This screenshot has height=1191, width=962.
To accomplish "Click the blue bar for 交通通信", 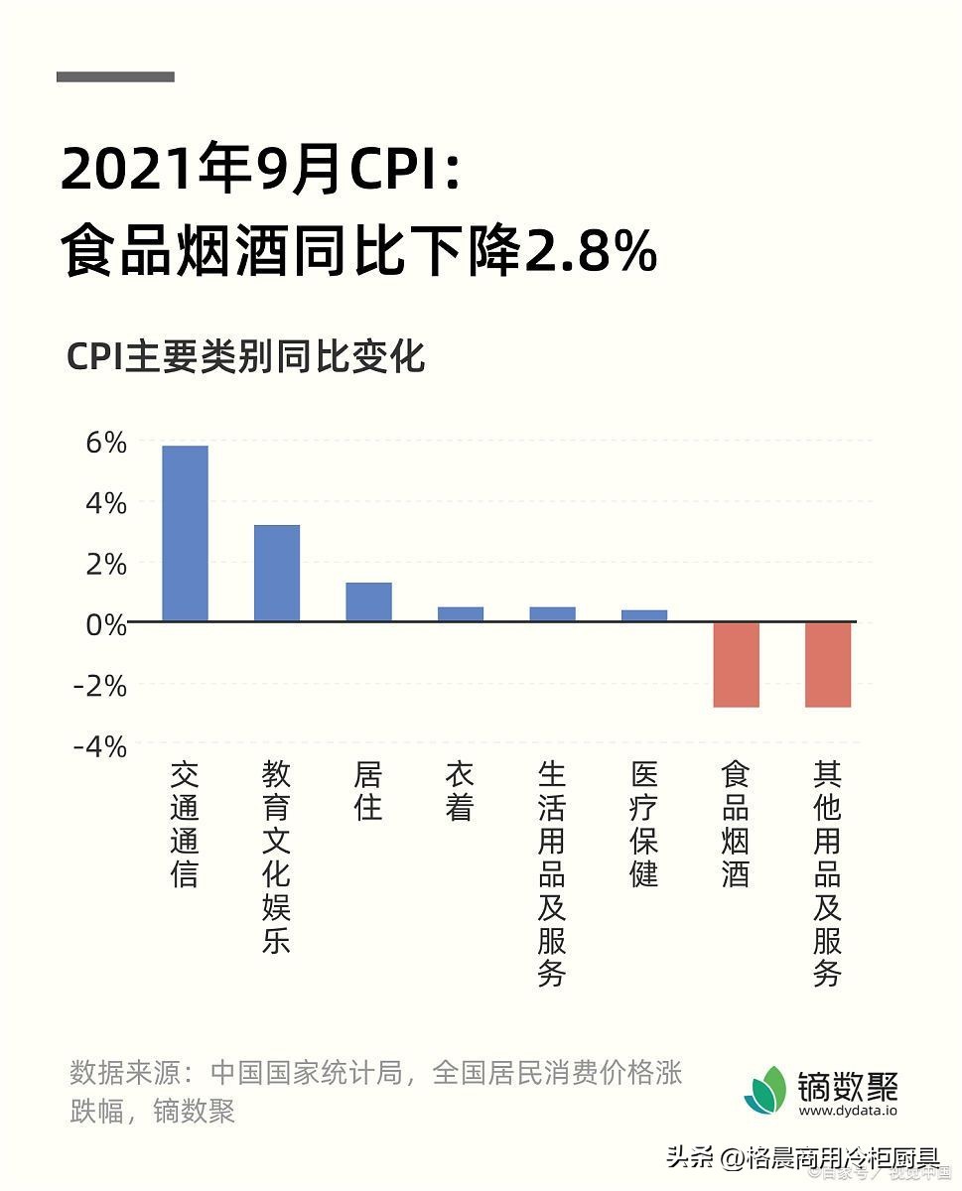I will [185, 534].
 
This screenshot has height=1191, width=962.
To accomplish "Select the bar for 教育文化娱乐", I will [277, 574].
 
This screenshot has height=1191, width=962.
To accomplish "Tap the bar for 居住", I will [368, 602].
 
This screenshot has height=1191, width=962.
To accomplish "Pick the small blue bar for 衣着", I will [461, 614].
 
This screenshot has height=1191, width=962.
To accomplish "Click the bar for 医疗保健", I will [644, 615].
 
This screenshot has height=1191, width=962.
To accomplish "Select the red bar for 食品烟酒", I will [736, 665].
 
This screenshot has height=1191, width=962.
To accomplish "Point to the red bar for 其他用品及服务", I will [828, 665].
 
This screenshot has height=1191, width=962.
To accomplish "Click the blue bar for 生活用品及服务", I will [552, 614].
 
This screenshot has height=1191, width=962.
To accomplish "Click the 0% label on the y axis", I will [105, 625].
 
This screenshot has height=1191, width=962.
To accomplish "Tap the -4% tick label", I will [99, 746].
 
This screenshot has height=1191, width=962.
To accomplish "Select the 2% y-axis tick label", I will [105, 565].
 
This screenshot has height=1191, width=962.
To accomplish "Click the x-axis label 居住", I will [368, 791].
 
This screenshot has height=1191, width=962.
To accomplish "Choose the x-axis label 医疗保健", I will [644, 824].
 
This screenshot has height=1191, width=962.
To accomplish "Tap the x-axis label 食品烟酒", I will [736, 824].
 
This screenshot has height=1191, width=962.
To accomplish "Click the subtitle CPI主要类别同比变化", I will [246, 356].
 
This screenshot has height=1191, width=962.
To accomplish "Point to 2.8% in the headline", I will [591, 253].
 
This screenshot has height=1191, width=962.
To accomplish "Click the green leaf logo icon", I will [766, 1090].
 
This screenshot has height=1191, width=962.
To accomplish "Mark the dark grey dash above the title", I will [115, 76].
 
